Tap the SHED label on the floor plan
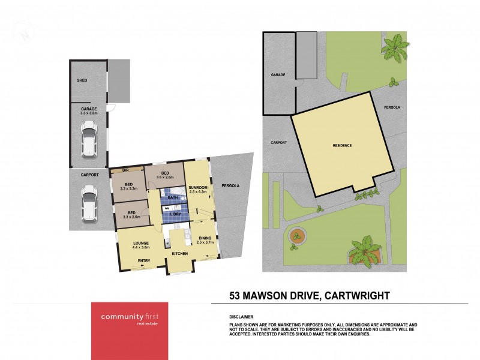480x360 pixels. point(82,80)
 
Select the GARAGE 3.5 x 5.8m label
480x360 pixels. point(88,110)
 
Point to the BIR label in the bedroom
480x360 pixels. point(127,170)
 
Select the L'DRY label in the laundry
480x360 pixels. point(176,214)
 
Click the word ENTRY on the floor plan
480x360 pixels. point(144,260)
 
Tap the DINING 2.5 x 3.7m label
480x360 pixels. point(205,241)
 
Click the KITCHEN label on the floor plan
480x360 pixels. point(180,254)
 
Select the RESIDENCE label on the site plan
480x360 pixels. point(342,146)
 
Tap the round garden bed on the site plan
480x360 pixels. point(298,236)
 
